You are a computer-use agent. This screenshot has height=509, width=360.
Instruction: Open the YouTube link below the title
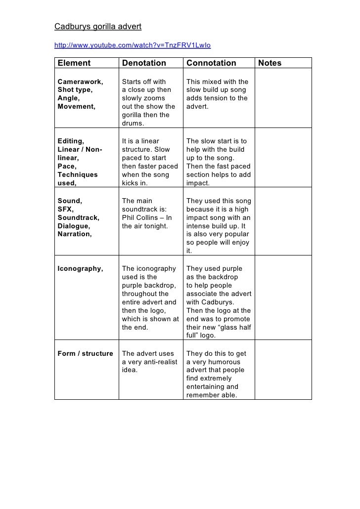pos(132,45)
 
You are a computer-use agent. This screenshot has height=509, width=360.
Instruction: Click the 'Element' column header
pos(74,63)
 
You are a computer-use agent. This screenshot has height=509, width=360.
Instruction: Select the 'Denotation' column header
pos(144,63)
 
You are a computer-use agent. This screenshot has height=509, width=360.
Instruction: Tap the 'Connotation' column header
pos(211,63)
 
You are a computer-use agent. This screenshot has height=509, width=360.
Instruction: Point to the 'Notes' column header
pos(270,63)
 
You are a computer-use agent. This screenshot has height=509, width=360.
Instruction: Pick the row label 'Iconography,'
pos(80,269)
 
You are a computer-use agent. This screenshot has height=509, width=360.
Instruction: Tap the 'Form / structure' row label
pos(85,354)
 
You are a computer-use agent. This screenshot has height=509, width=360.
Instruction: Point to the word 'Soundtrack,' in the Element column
pos(79,218)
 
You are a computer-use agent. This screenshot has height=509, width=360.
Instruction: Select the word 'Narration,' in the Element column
pos(75,235)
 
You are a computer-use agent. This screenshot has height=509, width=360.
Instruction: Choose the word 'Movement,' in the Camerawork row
pos(76,106)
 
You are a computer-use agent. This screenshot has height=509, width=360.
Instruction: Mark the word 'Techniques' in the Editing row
pos(78,175)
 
